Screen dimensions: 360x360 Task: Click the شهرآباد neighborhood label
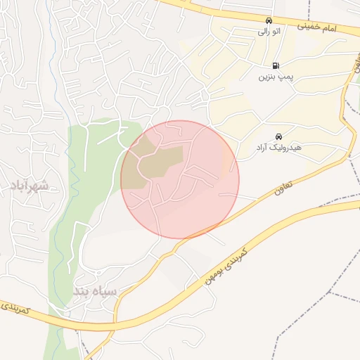[x=30, y=186]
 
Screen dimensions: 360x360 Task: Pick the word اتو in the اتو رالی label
[x=276, y=31]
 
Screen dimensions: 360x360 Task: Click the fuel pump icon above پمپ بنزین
[x=274, y=65]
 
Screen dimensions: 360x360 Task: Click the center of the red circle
[x=180, y=179]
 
